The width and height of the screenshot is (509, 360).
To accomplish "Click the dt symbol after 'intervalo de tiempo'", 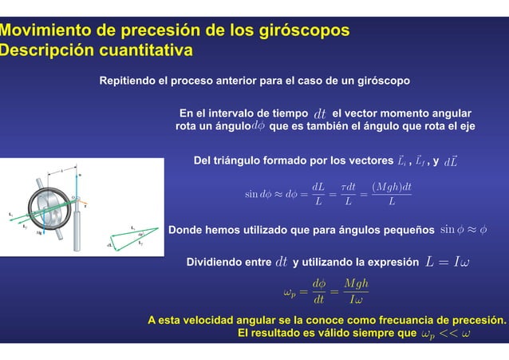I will click(x=320, y=113).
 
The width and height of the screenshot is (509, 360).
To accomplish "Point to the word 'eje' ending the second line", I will click(x=466, y=126).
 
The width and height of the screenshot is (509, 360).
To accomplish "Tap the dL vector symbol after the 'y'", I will click(x=450, y=162).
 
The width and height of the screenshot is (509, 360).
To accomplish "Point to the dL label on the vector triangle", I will click(x=110, y=245).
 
